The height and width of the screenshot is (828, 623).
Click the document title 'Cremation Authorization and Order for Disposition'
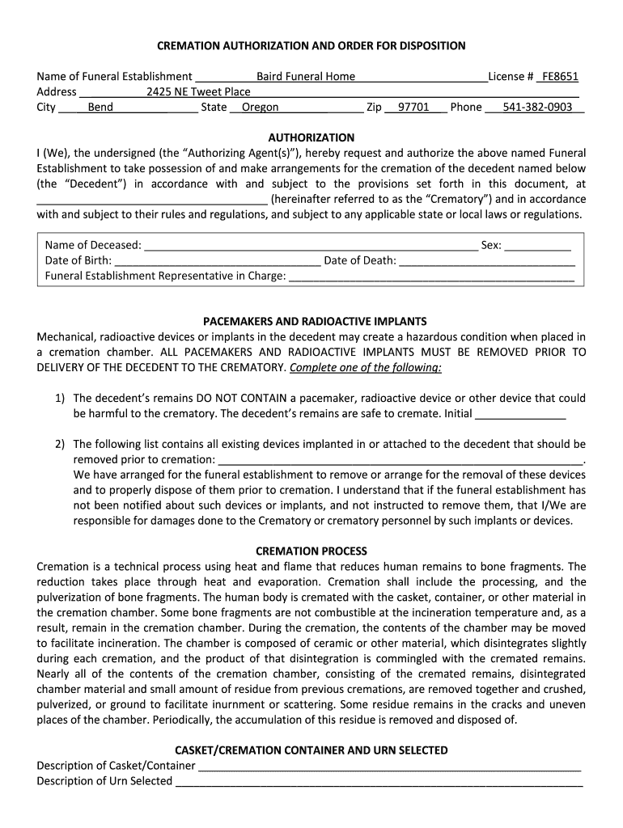[311, 45]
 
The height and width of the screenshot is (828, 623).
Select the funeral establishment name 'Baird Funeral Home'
[306, 77]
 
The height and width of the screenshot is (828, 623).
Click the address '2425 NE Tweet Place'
[198, 92]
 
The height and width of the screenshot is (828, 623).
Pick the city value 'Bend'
[100, 108]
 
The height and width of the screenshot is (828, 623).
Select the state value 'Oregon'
[261, 108]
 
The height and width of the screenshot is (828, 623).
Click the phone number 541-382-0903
[537, 108]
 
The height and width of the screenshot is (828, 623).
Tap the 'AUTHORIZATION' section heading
[311, 137]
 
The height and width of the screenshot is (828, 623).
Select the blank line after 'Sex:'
[538, 246]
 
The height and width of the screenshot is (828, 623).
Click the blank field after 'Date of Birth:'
[218, 261]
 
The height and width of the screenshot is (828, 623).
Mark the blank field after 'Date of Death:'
[487, 261]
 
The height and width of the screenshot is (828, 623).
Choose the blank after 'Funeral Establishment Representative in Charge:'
[431, 277]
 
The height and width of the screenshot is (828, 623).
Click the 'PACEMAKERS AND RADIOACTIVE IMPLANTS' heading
[311, 321]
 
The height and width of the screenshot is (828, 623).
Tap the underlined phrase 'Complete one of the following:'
[366, 368]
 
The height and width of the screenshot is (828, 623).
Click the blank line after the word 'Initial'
[520, 414]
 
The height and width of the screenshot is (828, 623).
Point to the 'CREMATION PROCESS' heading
[311, 551]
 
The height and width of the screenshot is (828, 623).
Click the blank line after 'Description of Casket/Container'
[390, 767]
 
